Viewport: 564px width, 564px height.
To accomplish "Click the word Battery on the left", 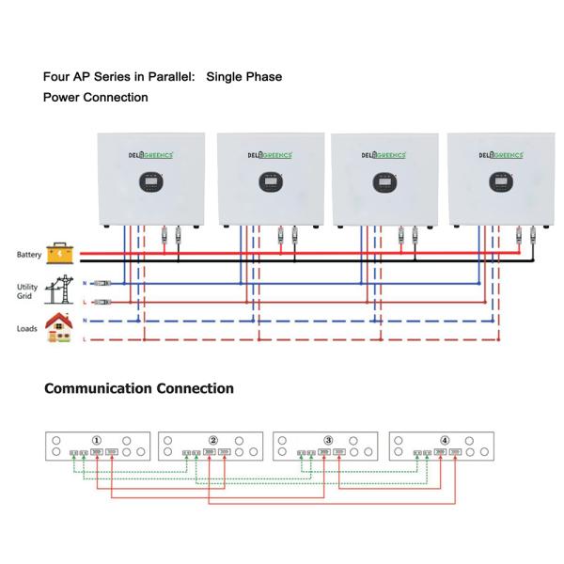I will tap(29, 255).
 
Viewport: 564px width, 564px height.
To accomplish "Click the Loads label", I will tap(26, 329).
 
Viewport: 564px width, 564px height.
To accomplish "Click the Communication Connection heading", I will tap(139, 388).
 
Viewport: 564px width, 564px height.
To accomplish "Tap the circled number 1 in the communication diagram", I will tap(96, 440).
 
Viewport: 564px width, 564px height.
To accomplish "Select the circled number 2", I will tap(212, 440).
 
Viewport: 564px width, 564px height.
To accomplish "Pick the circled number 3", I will tap(328, 440).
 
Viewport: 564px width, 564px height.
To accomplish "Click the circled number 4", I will tap(445, 440).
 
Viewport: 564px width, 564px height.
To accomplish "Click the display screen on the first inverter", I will tap(150, 181).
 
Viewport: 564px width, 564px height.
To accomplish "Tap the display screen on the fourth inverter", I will tap(498, 181).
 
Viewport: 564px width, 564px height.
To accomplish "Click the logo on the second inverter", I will tap(269, 155).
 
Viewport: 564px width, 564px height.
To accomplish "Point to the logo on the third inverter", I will tap(384, 155).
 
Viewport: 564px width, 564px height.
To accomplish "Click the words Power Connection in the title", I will tap(95, 97).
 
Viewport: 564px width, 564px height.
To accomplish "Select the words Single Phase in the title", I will tap(243, 76).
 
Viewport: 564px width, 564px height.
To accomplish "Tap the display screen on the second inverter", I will tap(269, 181).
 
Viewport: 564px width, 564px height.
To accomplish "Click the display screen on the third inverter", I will tap(383, 181).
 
